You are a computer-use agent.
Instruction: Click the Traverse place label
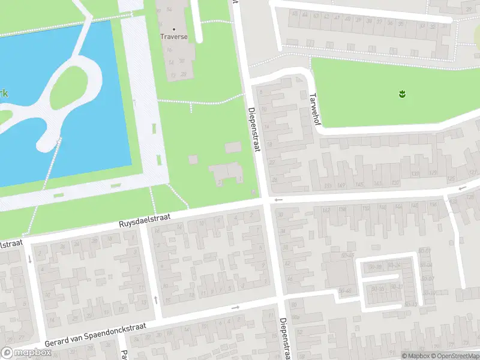[x=174, y=37]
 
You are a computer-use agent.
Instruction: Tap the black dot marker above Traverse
[x=174, y=29]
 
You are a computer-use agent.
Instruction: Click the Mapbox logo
[x=26, y=353]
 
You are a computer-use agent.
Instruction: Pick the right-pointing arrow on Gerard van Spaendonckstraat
[x=235, y=308]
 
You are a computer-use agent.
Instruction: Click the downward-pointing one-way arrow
[x=30, y=259]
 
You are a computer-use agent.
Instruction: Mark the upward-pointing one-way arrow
[x=155, y=298]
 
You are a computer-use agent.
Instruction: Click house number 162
[x=326, y=209]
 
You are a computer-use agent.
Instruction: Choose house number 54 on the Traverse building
[x=169, y=10]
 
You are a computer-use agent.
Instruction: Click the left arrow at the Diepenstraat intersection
[x=277, y=199]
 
